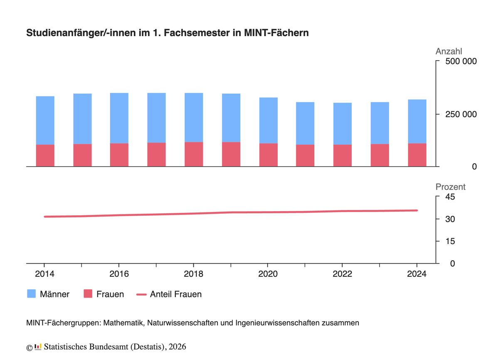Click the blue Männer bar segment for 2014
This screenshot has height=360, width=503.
[45, 120]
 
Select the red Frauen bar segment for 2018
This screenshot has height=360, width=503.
[194, 154]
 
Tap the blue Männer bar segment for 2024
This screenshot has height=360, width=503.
[417, 121]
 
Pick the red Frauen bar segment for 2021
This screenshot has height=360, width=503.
[305, 155]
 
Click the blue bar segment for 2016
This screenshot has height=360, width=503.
[119, 118]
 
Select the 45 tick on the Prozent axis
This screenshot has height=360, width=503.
[450, 197]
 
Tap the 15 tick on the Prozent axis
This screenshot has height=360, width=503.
[450, 242]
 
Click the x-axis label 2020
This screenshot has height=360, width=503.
[268, 274]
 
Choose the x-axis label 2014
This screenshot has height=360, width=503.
[44, 274]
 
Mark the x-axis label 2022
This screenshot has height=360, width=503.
[342, 274]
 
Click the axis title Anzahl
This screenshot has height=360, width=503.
[449, 52]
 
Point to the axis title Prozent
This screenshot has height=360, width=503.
[450, 187]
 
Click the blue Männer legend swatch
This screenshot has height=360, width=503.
[32, 294]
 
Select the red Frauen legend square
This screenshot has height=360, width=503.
[88, 294]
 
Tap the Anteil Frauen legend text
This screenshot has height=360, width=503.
[175, 294]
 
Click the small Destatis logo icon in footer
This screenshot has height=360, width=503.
[38, 346]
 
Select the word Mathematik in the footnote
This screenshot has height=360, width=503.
[123, 323]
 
